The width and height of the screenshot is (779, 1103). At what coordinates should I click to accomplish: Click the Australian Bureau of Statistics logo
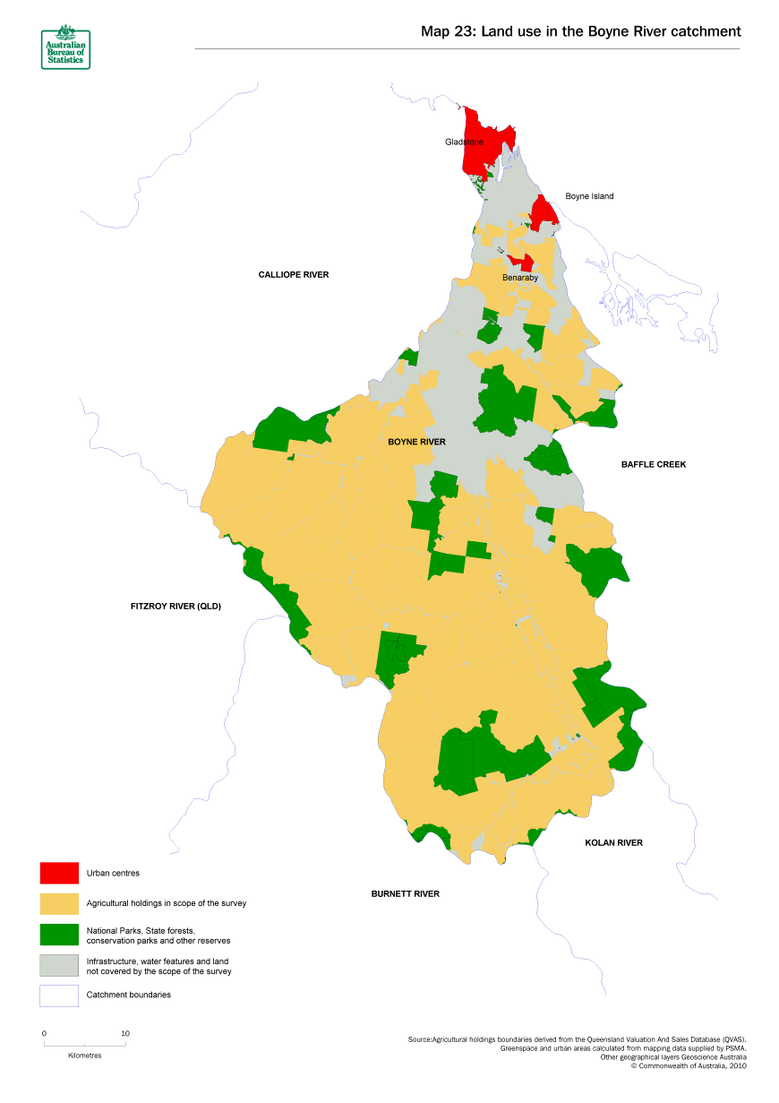(x=65, y=48)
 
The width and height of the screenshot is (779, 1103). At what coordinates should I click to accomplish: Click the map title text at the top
(x=580, y=31)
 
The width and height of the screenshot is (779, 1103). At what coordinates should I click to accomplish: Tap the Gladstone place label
(x=464, y=142)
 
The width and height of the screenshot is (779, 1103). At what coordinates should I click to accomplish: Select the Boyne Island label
(x=589, y=196)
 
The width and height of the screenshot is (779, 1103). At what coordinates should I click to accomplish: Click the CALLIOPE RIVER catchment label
(x=294, y=274)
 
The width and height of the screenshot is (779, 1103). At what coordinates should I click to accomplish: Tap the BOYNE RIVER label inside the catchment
(x=416, y=442)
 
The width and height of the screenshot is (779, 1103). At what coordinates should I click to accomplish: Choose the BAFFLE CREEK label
(x=654, y=464)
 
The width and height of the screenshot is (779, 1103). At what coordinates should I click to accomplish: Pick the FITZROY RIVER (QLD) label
(x=175, y=607)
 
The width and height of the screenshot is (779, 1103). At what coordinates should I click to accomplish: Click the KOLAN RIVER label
(x=613, y=842)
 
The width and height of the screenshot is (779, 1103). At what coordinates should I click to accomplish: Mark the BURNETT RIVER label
(x=405, y=893)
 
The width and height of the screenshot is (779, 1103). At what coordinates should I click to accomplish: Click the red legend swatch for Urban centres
(x=59, y=873)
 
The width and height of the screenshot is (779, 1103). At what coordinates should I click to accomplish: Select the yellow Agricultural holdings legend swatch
(x=59, y=903)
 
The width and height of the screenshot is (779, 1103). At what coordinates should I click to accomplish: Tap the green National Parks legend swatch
(x=59, y=935)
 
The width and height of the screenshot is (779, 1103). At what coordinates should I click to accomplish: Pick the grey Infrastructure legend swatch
(x=59, y=966)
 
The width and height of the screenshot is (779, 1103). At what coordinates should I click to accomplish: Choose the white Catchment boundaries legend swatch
(x=59, y=995)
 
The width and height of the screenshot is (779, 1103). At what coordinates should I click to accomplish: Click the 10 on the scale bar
(x=125, y=1033)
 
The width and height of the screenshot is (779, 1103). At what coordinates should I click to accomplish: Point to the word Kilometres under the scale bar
(x=85, y=1056)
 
